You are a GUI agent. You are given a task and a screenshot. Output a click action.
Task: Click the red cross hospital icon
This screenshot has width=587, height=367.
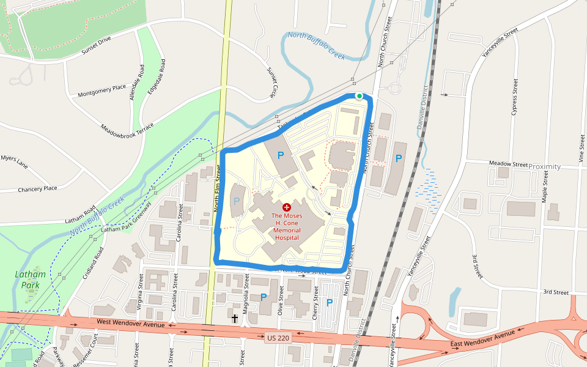[286, 207]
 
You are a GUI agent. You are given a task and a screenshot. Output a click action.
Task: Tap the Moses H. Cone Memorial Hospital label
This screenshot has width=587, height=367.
[286, 226]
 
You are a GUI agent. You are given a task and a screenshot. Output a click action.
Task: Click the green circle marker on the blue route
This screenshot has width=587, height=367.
[359, 96]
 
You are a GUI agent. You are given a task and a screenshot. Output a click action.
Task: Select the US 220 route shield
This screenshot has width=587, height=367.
[278, 338]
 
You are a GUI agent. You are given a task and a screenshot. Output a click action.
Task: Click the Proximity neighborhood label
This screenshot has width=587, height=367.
[544, 166]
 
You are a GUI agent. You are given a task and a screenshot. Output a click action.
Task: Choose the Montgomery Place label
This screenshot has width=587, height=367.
[102, 91]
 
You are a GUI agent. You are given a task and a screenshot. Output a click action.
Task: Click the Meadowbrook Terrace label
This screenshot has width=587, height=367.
[127, 129]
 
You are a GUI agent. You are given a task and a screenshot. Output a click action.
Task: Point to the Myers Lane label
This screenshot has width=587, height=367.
[14, 161]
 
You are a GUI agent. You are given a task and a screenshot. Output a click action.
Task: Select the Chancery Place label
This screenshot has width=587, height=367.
[37, 189]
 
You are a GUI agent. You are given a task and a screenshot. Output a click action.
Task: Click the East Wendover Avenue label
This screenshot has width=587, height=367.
[483, 340]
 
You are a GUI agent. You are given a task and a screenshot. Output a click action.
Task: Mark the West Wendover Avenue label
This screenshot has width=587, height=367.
[130, 322]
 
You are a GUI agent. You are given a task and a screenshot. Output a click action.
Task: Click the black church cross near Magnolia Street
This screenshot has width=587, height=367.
[234, 318]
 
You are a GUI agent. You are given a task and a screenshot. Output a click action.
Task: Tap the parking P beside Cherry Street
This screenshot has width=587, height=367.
[329, 303]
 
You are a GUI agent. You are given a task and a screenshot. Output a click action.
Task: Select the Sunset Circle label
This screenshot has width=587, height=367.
[271, 83]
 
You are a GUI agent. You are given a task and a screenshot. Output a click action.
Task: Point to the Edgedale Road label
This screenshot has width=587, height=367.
[157, 76]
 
